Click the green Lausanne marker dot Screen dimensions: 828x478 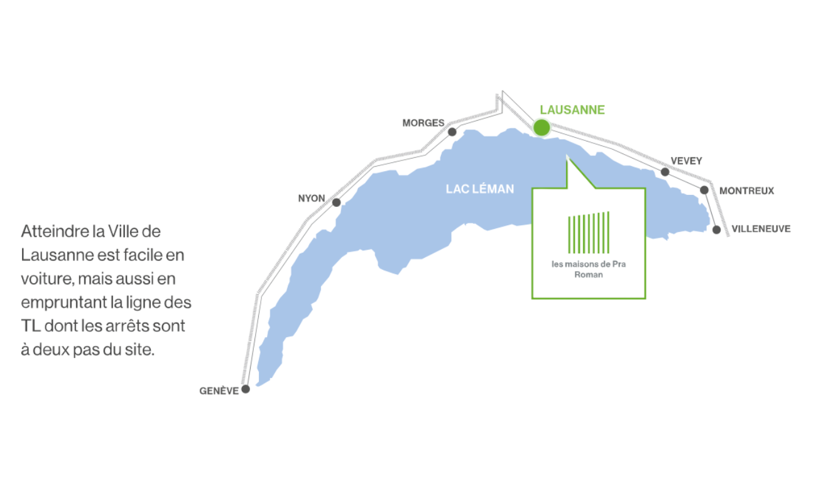pyautogui.click(x=541, y=128)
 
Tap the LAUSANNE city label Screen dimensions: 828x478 pyautogui.click(x=572, y=110)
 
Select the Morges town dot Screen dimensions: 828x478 pyautogui.click(x=452, y=132)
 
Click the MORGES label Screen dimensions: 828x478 pyautogui.click(x=423, y=123)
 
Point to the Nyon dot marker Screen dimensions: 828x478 pyautogui.click(x=337, y=203)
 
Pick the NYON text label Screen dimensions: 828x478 pyautogui.click(x=312, y=199)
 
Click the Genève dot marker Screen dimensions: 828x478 pyautogui.click(x=246, y=389)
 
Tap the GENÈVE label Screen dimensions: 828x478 pyautogui.click(x=219, y=391)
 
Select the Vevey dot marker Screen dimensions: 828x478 pyautogui.click(x=665, y=172)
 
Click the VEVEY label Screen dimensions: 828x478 pyautogui.click(x=686, y=161)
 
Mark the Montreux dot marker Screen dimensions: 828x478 pyautogui.click(x=704, y=190)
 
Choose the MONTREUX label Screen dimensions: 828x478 pyautogui.click(x=746, y=191)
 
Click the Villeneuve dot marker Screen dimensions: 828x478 pyautogui.click(x=716, y=230)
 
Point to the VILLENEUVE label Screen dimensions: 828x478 pyautogui.click(x=761, y=229)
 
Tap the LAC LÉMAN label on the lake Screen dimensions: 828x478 pyautogui.click(x=480, y=189)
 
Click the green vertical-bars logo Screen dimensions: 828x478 pyautogui.click(x=589, y=233)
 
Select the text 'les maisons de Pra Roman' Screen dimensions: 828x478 pyautogui.click(x=588, y=269)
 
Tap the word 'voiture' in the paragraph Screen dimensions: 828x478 pyautogui.click(x=45, y=279)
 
